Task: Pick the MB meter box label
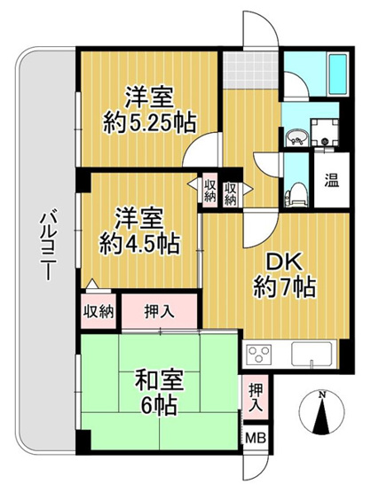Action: pos(255,437)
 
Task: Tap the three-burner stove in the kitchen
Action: pos(263,357)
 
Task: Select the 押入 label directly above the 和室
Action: pos(161,311)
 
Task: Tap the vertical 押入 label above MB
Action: pos(255,396)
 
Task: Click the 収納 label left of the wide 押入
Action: pos(99,311)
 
